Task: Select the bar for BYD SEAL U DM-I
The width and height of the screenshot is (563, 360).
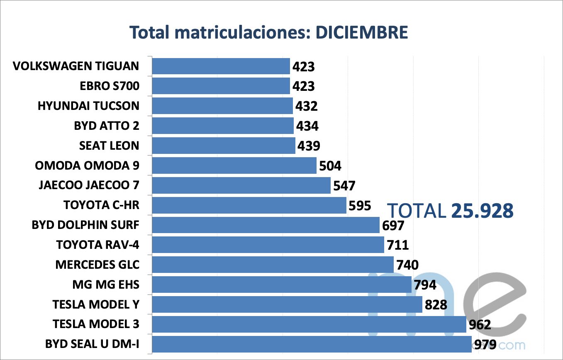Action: pos(312,344)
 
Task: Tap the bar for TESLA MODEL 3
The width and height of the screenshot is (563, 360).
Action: pos(309,324)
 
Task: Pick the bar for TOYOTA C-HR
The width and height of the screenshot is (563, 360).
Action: pos(249,205)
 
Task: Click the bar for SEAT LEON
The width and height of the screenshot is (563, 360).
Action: pos(224,146)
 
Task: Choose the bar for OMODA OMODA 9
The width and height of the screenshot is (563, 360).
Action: pos(234,165)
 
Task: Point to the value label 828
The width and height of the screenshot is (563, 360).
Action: pos(435,305)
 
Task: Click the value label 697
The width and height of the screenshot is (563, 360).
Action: pos(392,226)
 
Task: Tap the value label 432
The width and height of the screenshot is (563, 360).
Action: pos(306,106)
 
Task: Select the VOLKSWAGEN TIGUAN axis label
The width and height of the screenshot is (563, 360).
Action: pos(76,66)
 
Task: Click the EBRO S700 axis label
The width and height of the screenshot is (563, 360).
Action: pos(110,86)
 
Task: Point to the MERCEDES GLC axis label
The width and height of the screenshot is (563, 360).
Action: pos(97,265)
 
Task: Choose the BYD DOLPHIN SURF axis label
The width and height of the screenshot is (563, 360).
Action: pos(85,225)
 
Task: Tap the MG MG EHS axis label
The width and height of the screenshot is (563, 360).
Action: pos(105,285)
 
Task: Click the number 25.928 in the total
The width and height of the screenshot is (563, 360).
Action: pos(482,211)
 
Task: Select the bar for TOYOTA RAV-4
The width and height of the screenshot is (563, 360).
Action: pos(268,245)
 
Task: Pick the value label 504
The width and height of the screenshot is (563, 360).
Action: pos(330,166)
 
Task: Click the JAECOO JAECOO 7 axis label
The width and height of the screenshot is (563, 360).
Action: pos(89,185)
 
